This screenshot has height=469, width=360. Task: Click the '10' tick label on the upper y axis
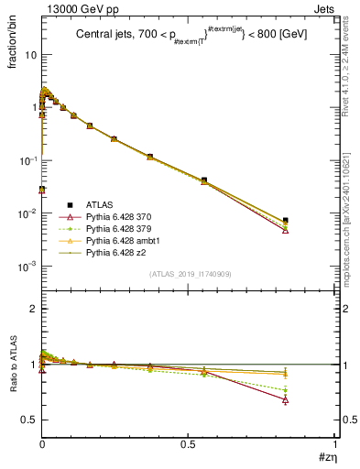(30, 55)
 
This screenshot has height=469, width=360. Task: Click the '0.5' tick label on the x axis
(189, 443)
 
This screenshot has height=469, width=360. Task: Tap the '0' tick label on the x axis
(42, 443)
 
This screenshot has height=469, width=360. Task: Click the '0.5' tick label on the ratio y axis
(28, 420)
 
